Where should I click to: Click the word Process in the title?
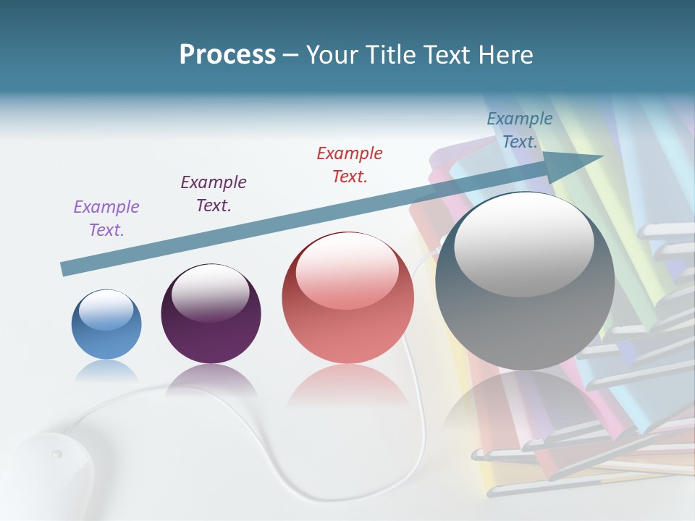[x=227, y=55]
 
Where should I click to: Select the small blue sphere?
[x=106, y=324]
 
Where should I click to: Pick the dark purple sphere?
[x=211, y=314]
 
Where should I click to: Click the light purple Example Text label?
[x=106, y=219]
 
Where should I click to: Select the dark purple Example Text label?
[x=214, y=194]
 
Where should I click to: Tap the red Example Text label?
[x=350, y=165]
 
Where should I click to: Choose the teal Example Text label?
[x=520, y=130]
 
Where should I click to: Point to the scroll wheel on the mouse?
[x=56, y=454]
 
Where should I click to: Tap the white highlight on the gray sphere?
[x=524, y=242]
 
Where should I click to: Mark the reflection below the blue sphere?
[x=106, y=372]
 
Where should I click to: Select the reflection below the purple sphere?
[x=211, y=380]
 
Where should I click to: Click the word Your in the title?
[x=329, y=55]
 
